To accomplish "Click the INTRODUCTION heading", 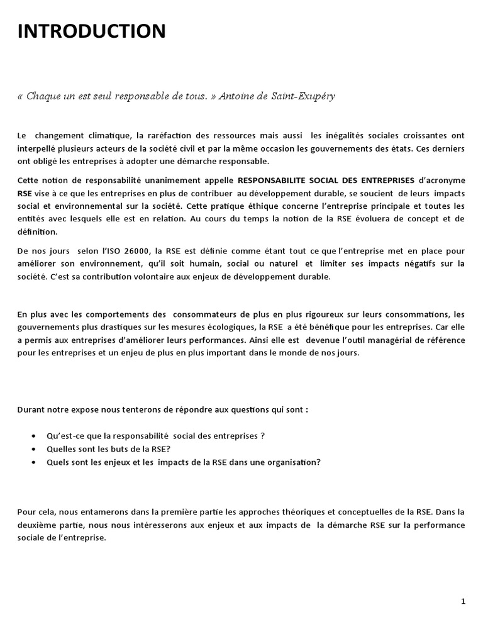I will click(92, 31).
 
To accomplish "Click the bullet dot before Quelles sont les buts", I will click(33, 449).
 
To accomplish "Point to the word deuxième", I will click(38, 525).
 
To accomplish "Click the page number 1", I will click(464, 601).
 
